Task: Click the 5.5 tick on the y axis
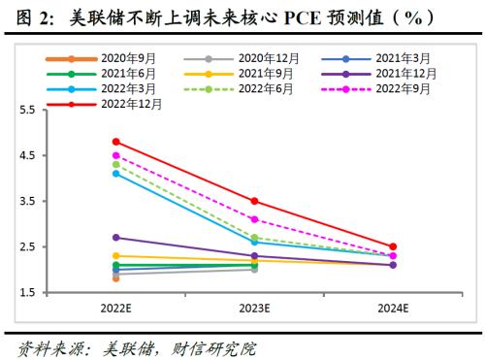[x=27, y=111]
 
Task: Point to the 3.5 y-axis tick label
[x=27, y=201]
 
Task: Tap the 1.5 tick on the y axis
[x=27, y=292]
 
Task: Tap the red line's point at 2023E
[x=254, y=201]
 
